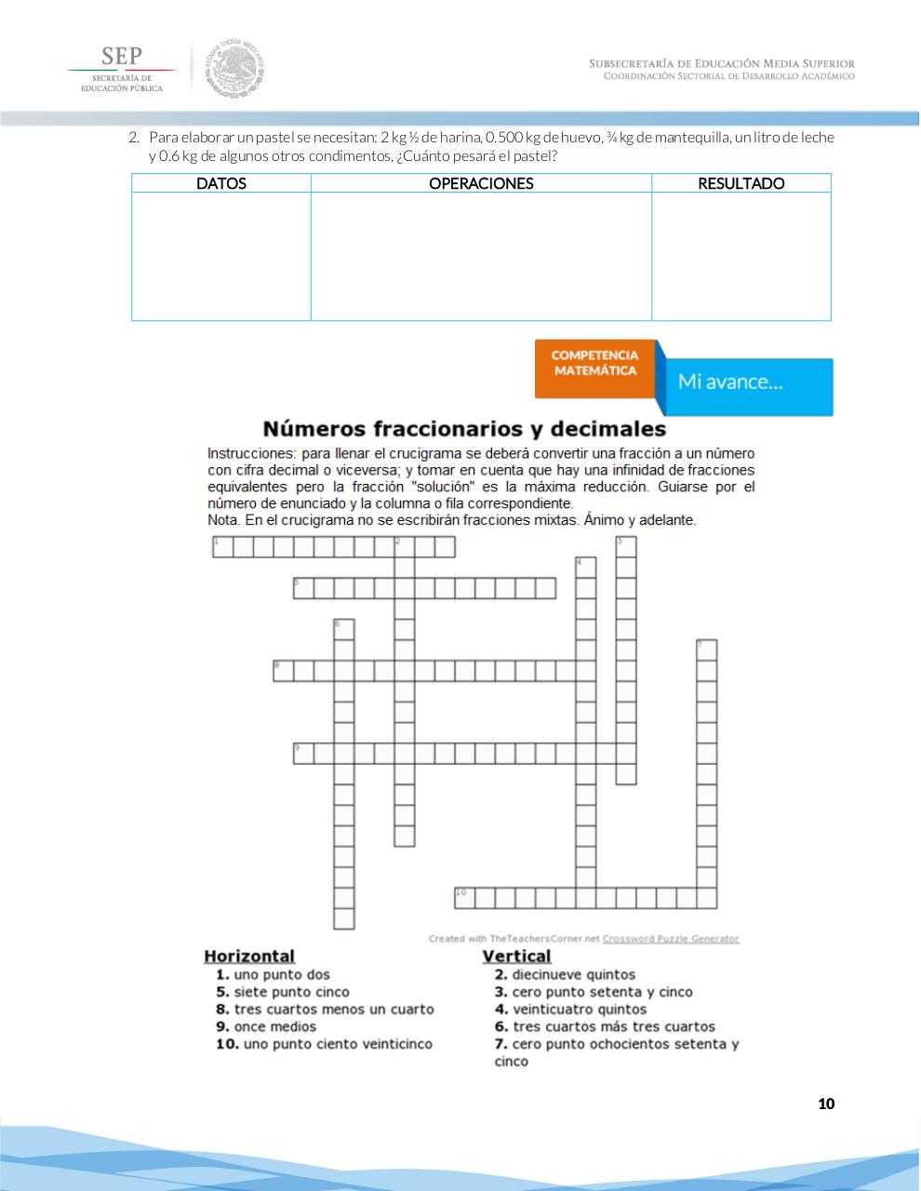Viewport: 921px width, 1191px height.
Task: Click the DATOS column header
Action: (221, 183)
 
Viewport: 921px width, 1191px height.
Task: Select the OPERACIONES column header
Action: (481, 183)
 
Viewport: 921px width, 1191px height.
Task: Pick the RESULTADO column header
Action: (741, 183)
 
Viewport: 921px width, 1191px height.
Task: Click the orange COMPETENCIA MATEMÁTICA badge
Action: (595, 364)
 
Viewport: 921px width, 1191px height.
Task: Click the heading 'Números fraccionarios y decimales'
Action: (464, 429)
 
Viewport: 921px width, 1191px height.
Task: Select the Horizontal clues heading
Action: (249, 957)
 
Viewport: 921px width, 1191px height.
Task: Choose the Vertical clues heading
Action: (516, 957)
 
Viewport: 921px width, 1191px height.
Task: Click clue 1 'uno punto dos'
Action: (273, 975)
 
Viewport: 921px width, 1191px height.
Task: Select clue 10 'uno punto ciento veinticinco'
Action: (324, 1045)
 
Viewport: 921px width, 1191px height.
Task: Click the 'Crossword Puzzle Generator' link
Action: (671, 939)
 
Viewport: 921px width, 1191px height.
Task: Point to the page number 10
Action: (826, 1104)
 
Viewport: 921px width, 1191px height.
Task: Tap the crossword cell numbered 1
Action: (222, 547)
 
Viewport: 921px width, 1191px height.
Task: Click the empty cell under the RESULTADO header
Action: (741, 256)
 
